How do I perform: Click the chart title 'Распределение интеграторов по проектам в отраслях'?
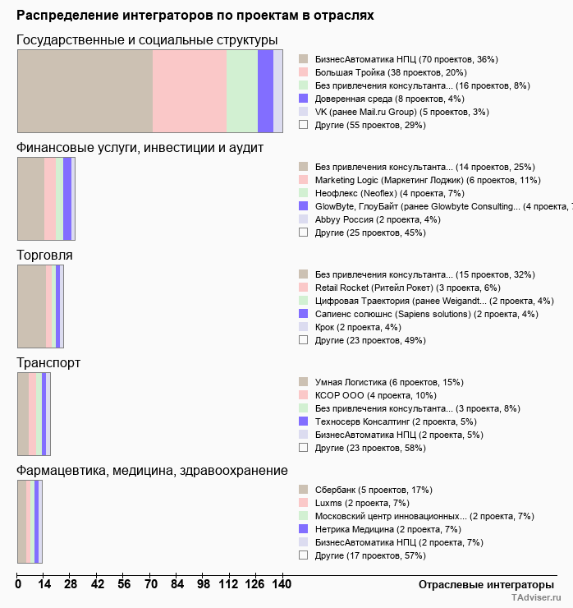click(x=195, y=16)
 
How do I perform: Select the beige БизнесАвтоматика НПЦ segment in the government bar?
click(x=85, y=91)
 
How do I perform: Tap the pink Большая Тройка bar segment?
click(x=190, y=91)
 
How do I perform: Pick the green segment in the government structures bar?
click(x=242, y=91)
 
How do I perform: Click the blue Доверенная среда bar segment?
click(x=265, y=91)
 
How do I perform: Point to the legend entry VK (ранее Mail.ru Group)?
click(x=393, y=112)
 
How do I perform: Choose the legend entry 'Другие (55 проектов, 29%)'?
click(x=362, y=125)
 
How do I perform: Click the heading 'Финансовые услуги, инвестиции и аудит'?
click(x=140, y=148)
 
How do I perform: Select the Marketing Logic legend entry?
click(x=419, y=180)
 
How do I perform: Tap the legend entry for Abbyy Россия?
click(x=369, y=220)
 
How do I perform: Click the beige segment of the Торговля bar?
click(x=32, y=306)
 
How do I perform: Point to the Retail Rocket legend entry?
click(x=400, y=288)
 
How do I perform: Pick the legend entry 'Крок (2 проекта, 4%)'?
click(x=350, y=328)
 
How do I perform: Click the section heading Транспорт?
click(x=48, y=363)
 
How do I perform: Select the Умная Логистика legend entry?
click(x=381, y=383)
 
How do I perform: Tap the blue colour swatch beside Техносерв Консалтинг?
click(x=304, y=421)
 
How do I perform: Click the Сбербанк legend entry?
click(x=365, y=491)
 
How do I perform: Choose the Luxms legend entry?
click(x=354, y=504)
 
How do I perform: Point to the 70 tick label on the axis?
click(x=150, y=584)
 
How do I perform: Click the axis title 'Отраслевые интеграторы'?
click(x=486, y=585)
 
